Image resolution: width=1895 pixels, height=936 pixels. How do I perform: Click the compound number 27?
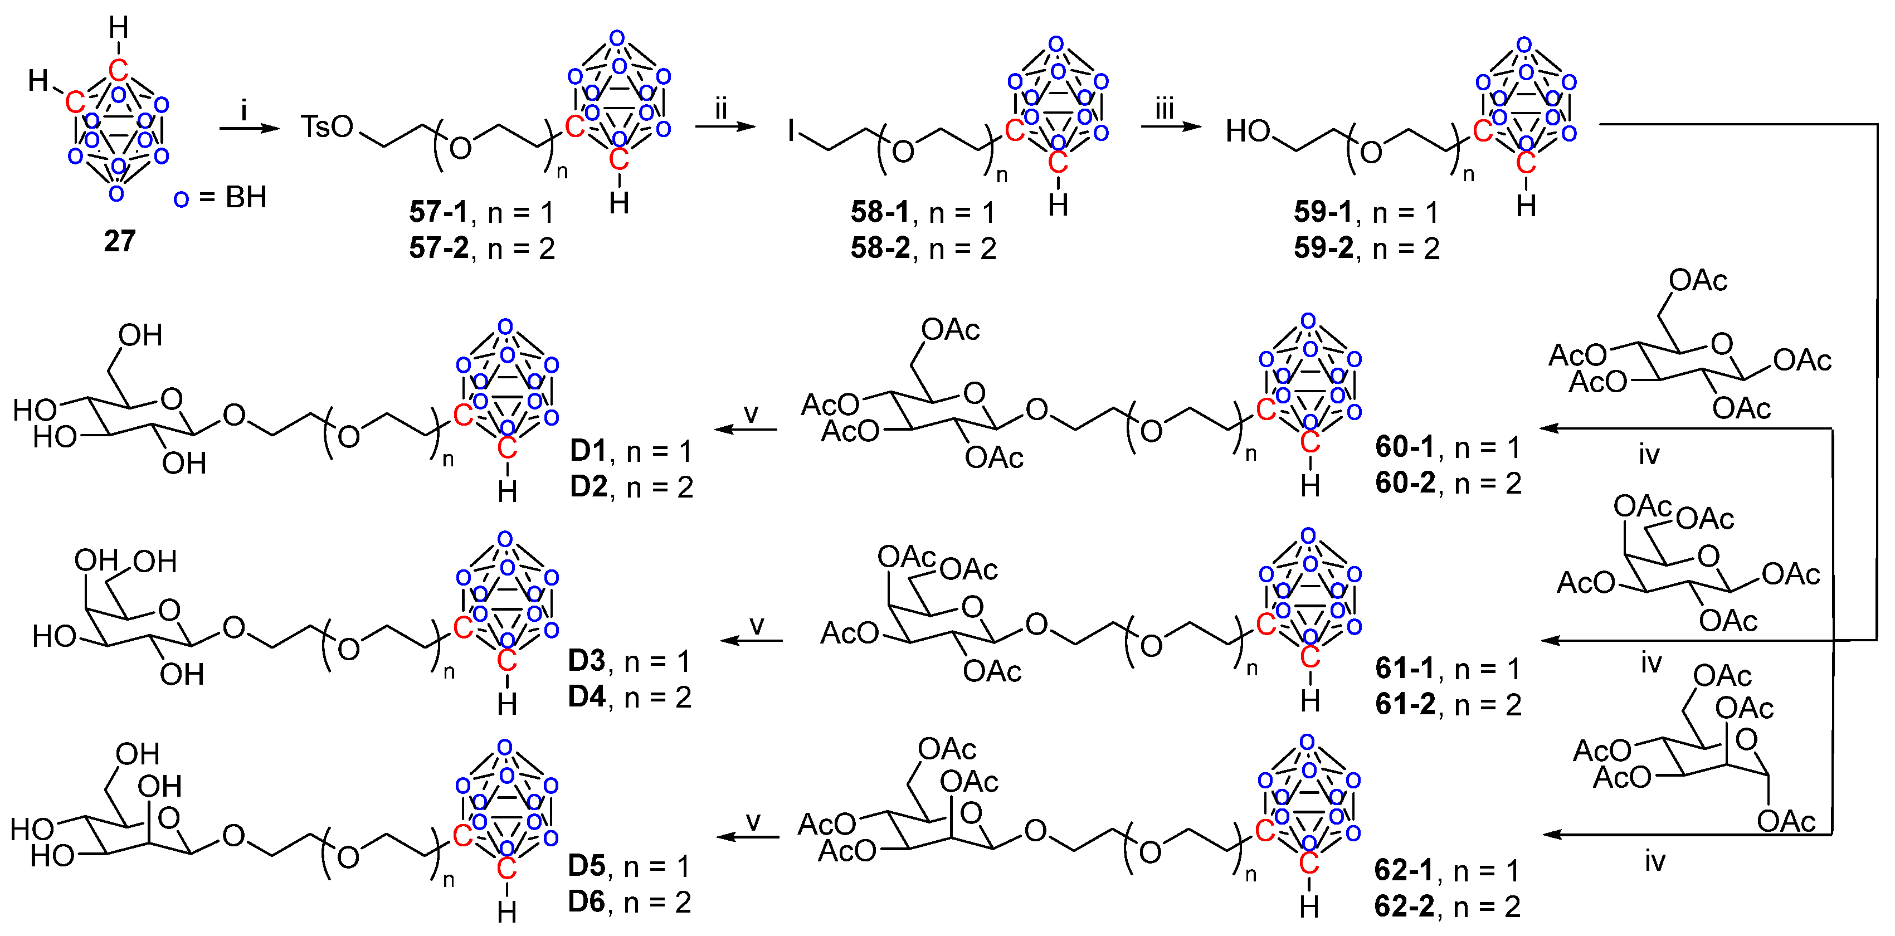point(119,241)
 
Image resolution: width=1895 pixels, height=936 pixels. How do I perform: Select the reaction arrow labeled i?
point(250,129)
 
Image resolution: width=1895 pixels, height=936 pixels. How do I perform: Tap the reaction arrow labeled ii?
point(724,126)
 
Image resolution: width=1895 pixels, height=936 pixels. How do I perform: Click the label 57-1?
point(439,212)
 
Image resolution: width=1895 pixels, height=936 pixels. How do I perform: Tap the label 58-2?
point(880,248)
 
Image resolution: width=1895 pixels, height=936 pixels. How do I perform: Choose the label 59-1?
point(1323,212)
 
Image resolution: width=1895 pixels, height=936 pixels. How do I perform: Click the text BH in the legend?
point(246,197)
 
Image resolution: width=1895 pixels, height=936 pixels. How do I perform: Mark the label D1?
point(588,450)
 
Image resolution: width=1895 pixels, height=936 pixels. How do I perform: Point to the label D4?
point(586,696)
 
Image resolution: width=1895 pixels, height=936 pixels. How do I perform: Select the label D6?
point(586,901)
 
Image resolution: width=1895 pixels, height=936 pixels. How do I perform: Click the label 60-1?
point(1405,447)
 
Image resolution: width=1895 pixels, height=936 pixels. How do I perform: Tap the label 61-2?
point(1405,704)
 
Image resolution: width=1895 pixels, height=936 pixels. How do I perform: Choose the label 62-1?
point(1404,870)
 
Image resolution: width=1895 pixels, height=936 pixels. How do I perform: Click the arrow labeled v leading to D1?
point(746,429)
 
